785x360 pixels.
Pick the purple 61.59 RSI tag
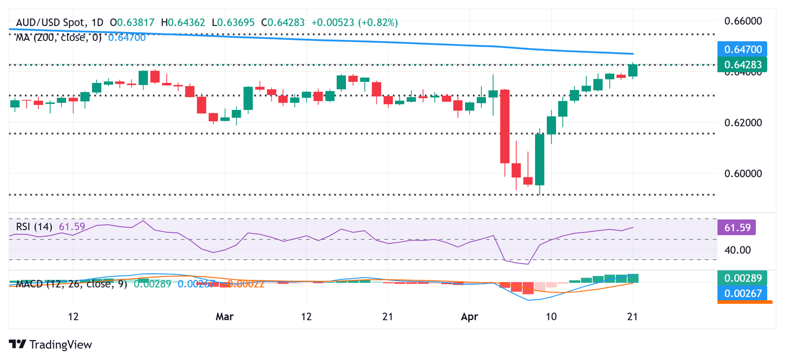tap(736, 228)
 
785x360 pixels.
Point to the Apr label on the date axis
tap(469, 317)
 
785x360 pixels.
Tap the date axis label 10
tap(551, 317)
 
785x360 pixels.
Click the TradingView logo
tap(51, 345)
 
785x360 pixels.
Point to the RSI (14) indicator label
tap(34, 227)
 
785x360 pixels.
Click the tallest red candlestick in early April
tap(504, 126)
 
